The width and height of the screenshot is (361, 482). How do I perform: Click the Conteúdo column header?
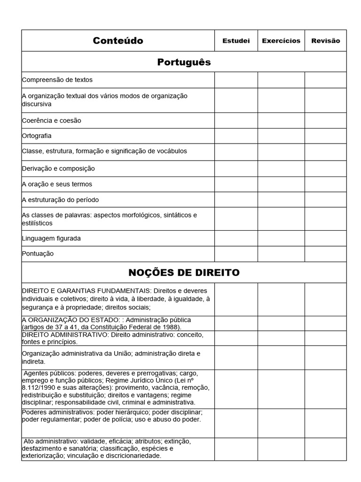click(x=118, y=40)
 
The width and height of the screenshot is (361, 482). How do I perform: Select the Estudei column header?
click(x=236, y=41)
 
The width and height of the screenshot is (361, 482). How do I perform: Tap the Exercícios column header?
click(x=281, y=41)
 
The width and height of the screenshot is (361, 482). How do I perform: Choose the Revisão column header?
click(x=325, y=41)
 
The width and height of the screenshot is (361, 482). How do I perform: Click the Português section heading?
click(x=184, y=62)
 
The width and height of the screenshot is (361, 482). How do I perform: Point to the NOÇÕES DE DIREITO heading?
click(x=184, y=273)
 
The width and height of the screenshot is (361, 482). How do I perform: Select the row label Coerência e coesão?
click(x=52, y=120)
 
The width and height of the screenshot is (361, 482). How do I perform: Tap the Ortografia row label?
click(x=37, y=136)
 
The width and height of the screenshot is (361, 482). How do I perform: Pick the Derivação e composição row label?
click(x=58, y=169)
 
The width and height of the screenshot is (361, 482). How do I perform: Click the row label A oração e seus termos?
click(x=57, y=184)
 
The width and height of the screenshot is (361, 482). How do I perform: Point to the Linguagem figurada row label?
click(x=51, y=238)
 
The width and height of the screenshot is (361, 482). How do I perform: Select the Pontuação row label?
click(x=38, y=254)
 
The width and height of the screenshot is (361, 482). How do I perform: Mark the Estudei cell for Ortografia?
click(x=236, y=136)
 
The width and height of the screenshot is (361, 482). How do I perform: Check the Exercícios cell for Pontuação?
click(x=281, y=254)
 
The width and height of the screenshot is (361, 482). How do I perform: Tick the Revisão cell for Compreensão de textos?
click(x=325, y=80)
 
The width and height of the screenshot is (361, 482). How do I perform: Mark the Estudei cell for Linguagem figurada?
click(x=236, y=238)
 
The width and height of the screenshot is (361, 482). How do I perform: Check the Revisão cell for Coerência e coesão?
click(x=325, y=120)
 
